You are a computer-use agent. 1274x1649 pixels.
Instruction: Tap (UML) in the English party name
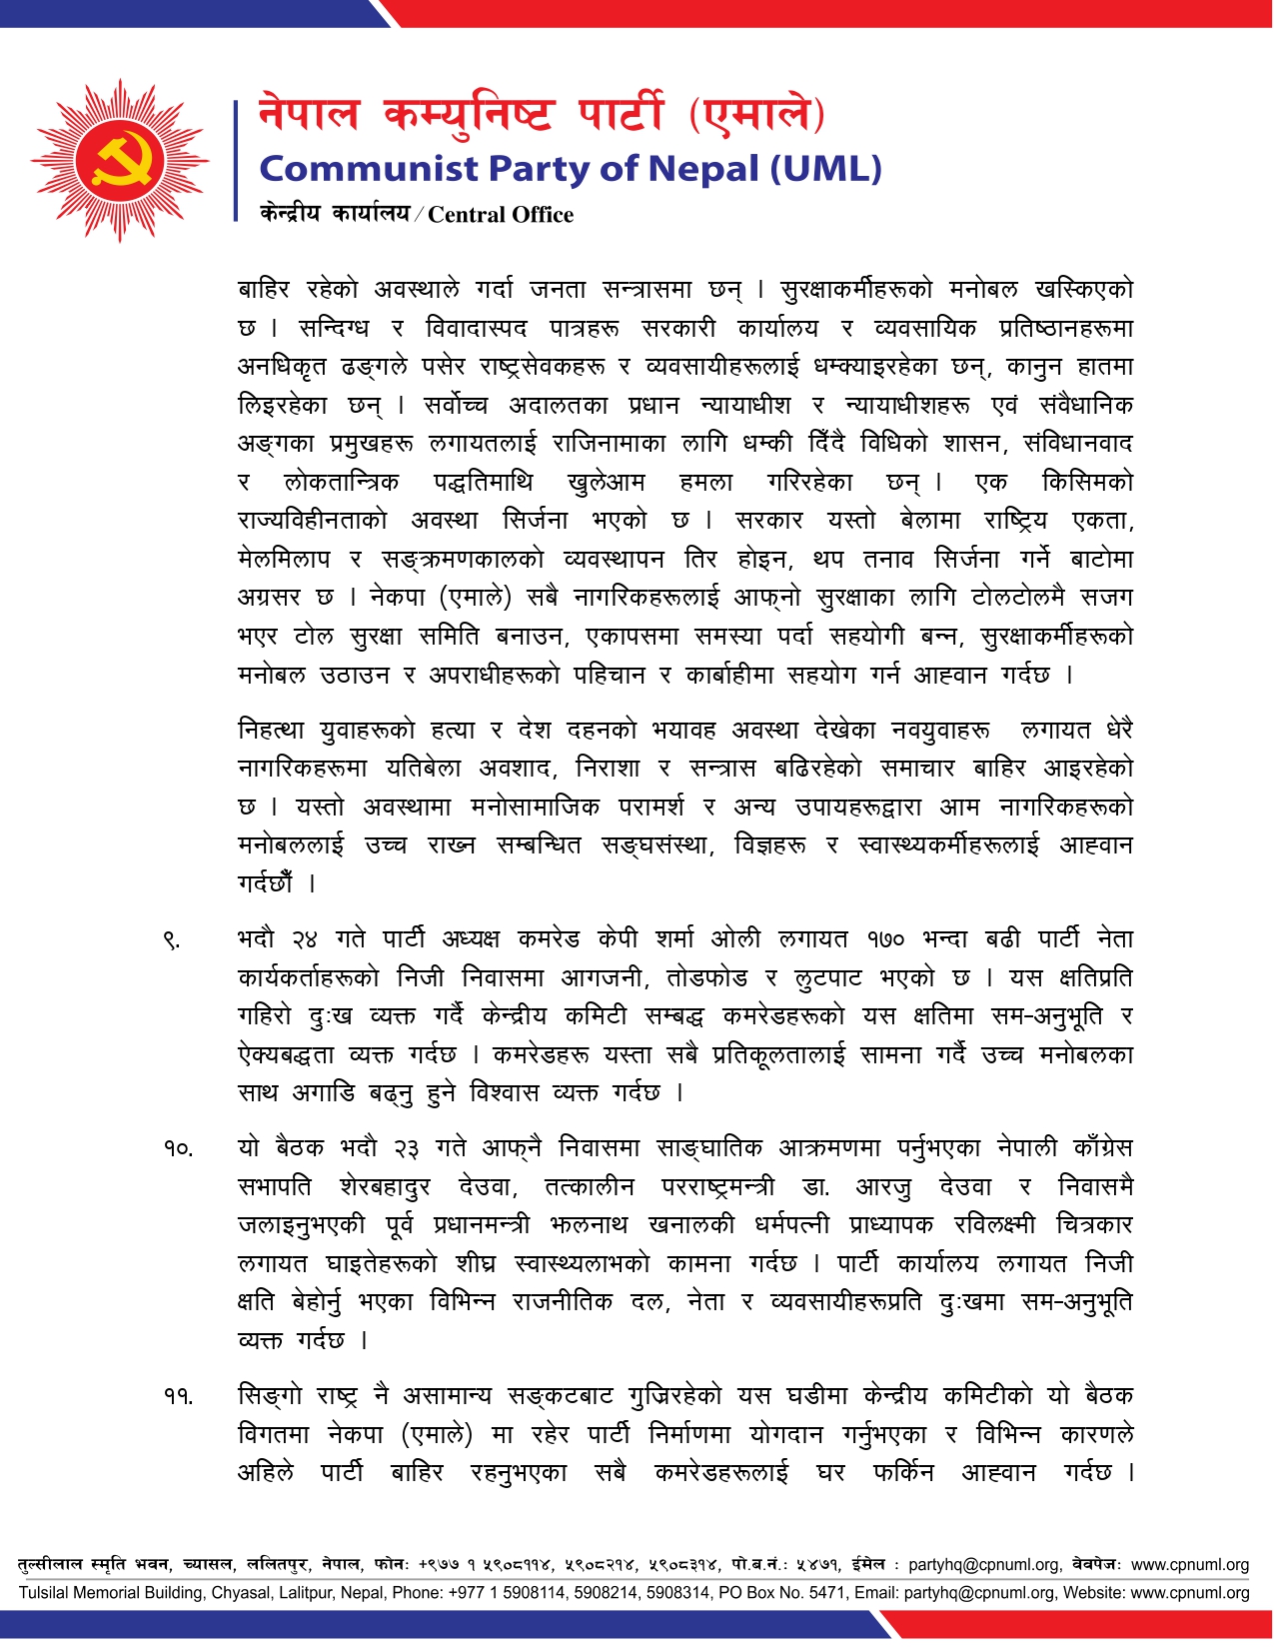tap(825, 168)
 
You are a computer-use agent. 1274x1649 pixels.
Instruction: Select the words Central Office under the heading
tap(501, 215)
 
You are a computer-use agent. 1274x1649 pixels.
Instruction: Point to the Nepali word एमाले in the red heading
tap(756, 115)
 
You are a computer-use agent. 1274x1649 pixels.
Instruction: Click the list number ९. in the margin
tap(172, 940)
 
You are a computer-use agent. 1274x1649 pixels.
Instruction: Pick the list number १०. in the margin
tap(179, 1149)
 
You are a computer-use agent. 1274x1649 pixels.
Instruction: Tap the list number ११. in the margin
tap(179, 1396)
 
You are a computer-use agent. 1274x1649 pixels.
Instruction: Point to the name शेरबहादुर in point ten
tap(385, 1187)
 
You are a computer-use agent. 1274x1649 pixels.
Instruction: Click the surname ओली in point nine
tap(735, 939)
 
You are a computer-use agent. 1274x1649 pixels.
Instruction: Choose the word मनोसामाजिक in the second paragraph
tap(535, 808)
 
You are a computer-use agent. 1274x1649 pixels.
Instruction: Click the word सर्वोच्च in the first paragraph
tap(456, 406)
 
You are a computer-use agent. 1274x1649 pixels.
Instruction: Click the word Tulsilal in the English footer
tap(47, 1593)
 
